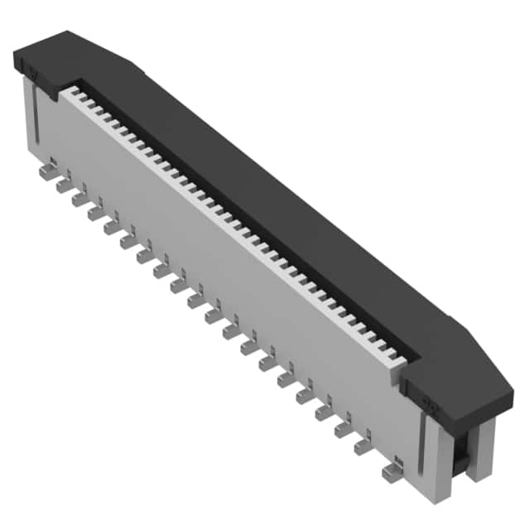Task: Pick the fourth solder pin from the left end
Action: pos(97,213)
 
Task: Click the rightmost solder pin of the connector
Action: pos(390,472)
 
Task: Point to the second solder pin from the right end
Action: pos(364,447)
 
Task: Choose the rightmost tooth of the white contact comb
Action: pos(401,359)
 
